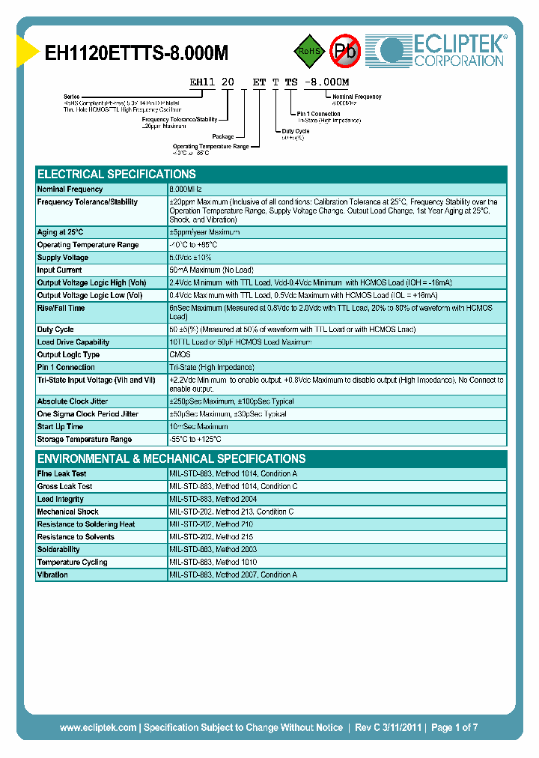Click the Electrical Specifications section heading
117,174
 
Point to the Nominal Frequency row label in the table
70,189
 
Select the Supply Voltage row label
63,258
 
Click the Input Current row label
60,270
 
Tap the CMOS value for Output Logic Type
180,355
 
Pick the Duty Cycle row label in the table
55,330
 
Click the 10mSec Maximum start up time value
198,427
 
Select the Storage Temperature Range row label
84,440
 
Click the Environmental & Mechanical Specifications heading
171,458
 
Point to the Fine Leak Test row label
61,474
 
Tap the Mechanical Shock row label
67,512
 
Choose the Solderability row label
58,550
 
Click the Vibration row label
52,575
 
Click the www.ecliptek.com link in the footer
98,727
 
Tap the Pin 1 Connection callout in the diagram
316,115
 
